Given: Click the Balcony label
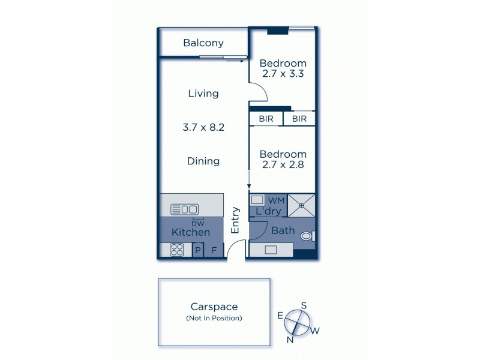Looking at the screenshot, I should [x=203, y=43].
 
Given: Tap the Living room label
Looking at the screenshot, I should [x=203, y=94].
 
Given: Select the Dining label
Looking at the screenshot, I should [x=203, y=161].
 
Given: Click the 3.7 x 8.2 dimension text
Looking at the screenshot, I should [x=203, y=127].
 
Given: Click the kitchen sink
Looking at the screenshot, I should [x=184, y=209].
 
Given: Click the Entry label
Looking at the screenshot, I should [x=235, y=220].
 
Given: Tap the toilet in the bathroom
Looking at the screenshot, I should [x=307, y=236].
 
